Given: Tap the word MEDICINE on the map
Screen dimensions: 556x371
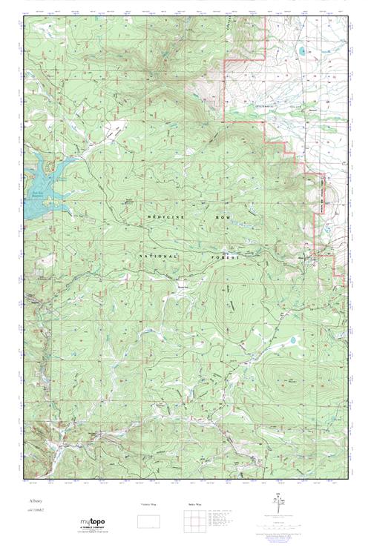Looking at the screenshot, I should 161,214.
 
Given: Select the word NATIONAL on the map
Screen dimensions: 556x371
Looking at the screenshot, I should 158,256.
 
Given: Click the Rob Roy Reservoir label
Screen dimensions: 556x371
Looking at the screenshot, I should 37,195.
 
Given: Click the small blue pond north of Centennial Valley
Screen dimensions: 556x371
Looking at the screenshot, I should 302,53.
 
